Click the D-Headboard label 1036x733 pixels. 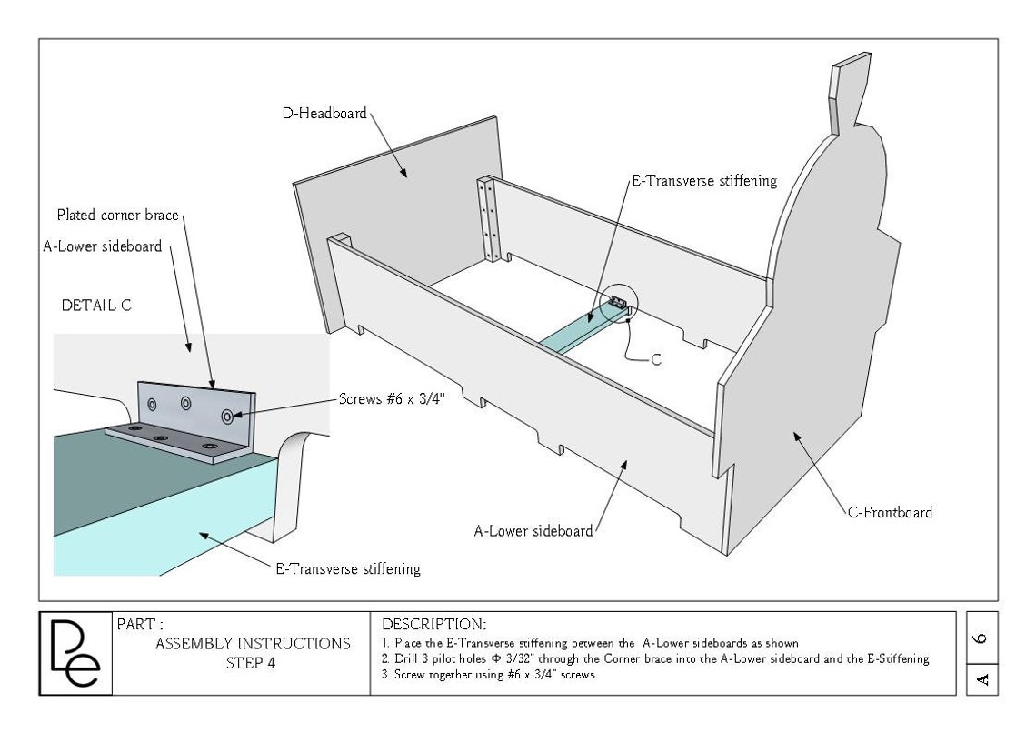click(x=324, y=113)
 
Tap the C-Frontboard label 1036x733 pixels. click(x=890, y=512)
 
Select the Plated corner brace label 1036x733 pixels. click(x=117, y=215)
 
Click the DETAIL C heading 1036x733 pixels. click(x=96, y=306)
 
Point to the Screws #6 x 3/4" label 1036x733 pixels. click(x=392, y=398)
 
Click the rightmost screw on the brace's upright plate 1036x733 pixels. click(x=227, y=417)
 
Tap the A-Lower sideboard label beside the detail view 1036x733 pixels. click(x=103, y=246)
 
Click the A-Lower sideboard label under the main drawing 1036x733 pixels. click(x=533, y=531)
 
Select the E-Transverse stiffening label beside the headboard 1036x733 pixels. click(x=704, y=180)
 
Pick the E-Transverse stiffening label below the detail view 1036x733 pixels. click(x=347, y=568)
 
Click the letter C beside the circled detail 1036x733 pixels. click(x=656, y=359)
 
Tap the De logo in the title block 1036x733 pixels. click(x=75, y=653)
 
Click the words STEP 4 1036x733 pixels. click(x=251, y=663)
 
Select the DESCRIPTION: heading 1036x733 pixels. click(x=434, y=624)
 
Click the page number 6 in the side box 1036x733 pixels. click(x=981, y=638)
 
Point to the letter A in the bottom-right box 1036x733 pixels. click(x=981, y=679)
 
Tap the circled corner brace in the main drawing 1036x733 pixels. click(x=619, y=304)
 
